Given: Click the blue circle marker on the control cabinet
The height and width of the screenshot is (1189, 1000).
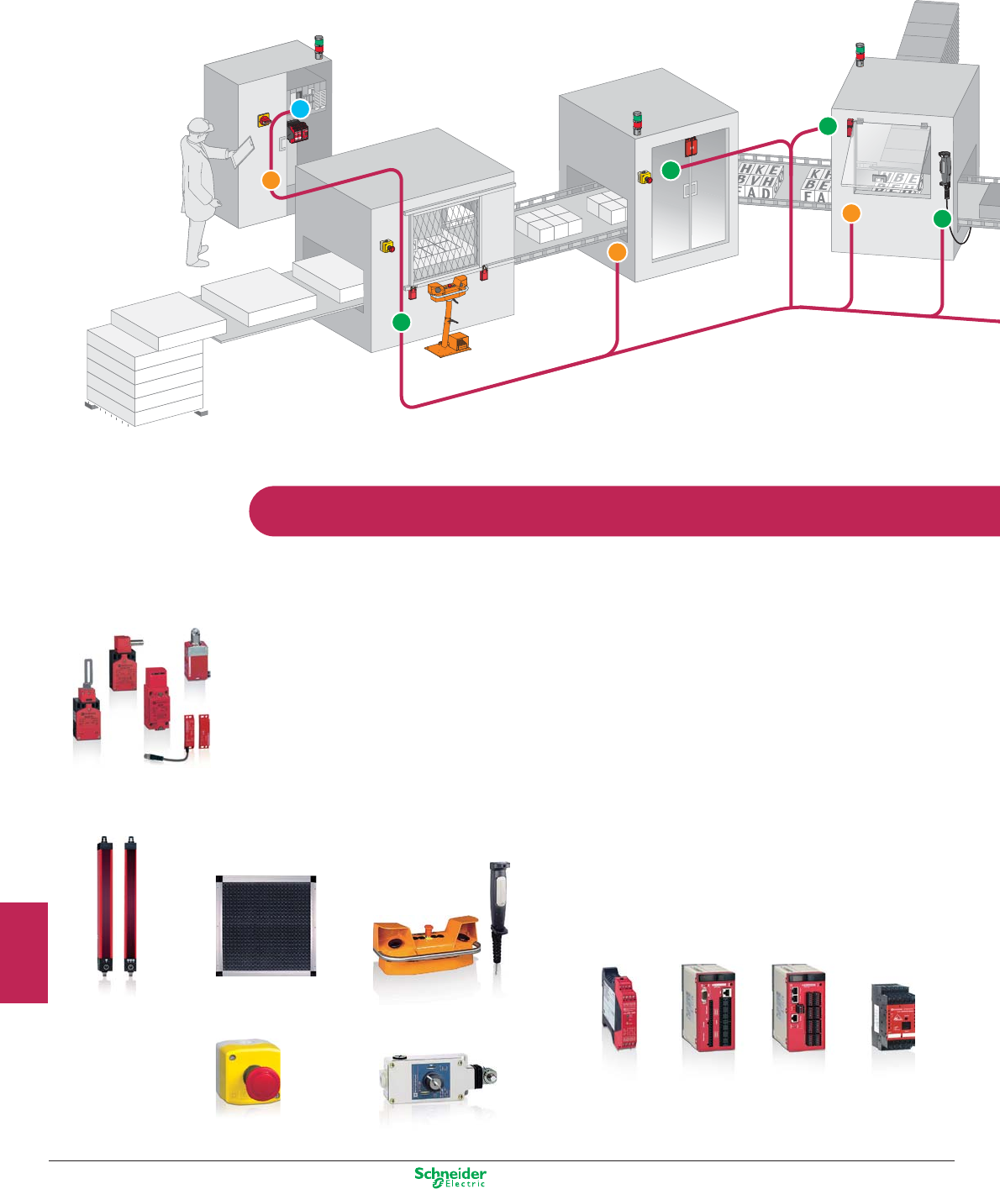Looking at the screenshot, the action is pos(301,108).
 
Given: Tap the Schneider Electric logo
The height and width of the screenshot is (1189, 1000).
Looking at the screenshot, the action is pos(450,1176).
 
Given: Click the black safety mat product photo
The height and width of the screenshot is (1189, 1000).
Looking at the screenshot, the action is pos(266,925).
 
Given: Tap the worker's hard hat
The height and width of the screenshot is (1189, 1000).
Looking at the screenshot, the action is pos(200,125).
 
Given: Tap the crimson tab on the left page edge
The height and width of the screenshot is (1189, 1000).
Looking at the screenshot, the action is pos(24,952).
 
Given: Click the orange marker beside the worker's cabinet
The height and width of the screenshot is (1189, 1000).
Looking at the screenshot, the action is pos(271,179).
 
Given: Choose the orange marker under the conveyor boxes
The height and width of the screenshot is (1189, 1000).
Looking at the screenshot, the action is pos(618,251).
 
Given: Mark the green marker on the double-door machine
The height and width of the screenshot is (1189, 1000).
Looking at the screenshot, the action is pos(671,171).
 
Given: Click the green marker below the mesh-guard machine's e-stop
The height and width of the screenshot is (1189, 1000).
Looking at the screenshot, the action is pos(402,321).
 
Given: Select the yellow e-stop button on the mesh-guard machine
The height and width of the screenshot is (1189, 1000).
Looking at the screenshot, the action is pos(388,246).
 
